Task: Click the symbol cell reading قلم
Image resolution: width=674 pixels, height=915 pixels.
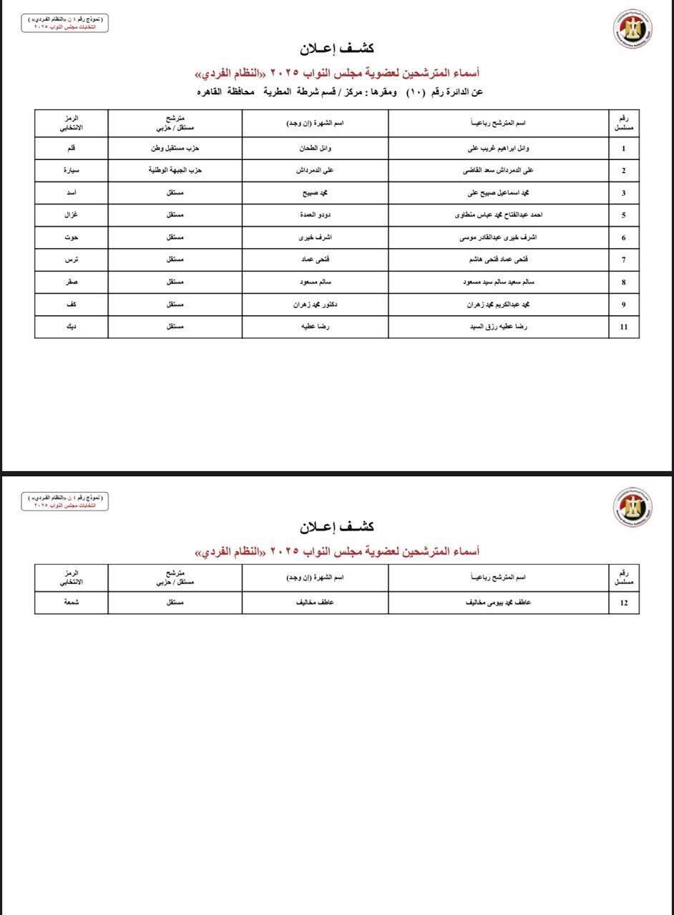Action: (71, 148)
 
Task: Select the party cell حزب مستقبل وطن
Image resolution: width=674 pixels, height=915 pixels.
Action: (175, 148)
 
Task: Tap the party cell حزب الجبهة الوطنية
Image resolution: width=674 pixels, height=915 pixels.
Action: (175, 170)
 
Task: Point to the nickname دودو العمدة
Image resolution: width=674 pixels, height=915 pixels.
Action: (315, 214)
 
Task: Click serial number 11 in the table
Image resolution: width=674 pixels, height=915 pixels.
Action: (623, 327)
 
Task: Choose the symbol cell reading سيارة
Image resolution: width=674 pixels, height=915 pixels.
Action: (71, 170)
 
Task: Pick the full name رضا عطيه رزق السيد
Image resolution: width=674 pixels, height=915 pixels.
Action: (499, 327)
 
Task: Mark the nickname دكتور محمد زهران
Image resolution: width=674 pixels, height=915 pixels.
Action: (315, 305)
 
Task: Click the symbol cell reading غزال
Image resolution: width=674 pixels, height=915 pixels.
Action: (71, 214)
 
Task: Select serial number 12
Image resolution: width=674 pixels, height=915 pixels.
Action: (623, 603)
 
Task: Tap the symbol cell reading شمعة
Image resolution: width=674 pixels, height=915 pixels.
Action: (71, 603)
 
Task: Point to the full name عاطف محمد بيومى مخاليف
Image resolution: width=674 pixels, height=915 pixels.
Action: (499, 603)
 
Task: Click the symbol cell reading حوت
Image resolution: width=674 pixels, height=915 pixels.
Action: (71, 237)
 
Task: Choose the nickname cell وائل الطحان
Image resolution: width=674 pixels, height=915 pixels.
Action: (315, 148)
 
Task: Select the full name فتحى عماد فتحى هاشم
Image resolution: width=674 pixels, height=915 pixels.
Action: (499, 259)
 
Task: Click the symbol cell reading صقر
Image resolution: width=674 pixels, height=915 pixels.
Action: (71, 282)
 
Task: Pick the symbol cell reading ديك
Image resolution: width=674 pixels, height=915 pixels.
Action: (71, 327)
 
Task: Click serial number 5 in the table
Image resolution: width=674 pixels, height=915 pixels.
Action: (623, 214)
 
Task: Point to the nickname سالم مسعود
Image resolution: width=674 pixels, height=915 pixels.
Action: (315, 282)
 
